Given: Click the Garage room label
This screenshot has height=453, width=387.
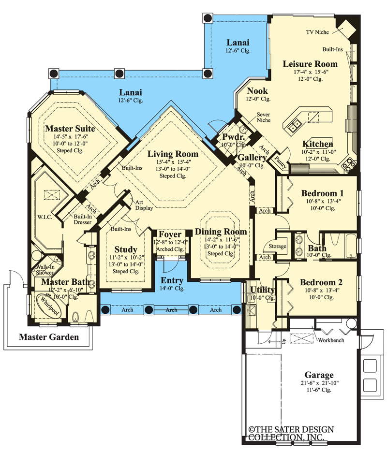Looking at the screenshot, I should pyautogui.click(x=319, y=375).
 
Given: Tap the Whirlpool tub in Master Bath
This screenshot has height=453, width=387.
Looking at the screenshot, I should pyautogui.click(x=47, y=307).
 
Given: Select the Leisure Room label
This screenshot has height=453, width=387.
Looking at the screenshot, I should pyautogui.click(x=310, y=63).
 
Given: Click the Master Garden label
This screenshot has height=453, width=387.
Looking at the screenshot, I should pyautogui.click(x=48, y=337).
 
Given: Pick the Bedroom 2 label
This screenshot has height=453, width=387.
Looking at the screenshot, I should pyautogui.click(x=318, y=282).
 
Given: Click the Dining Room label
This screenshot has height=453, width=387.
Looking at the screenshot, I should pyautogui.click(x=221, y=232).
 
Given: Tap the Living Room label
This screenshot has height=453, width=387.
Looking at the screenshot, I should pyautogui.click(x=173, y=154).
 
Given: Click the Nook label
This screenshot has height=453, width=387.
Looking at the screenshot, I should pyautogui.click(x=257, y=91).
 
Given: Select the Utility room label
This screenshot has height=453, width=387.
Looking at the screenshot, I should pyautogui.click(x=262, y=290).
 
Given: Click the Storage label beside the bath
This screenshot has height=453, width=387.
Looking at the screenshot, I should pyautogui.click(x=278, y=247).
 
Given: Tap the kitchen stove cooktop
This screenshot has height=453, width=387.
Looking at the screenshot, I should pyautogui.click(x=349, y=166).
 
